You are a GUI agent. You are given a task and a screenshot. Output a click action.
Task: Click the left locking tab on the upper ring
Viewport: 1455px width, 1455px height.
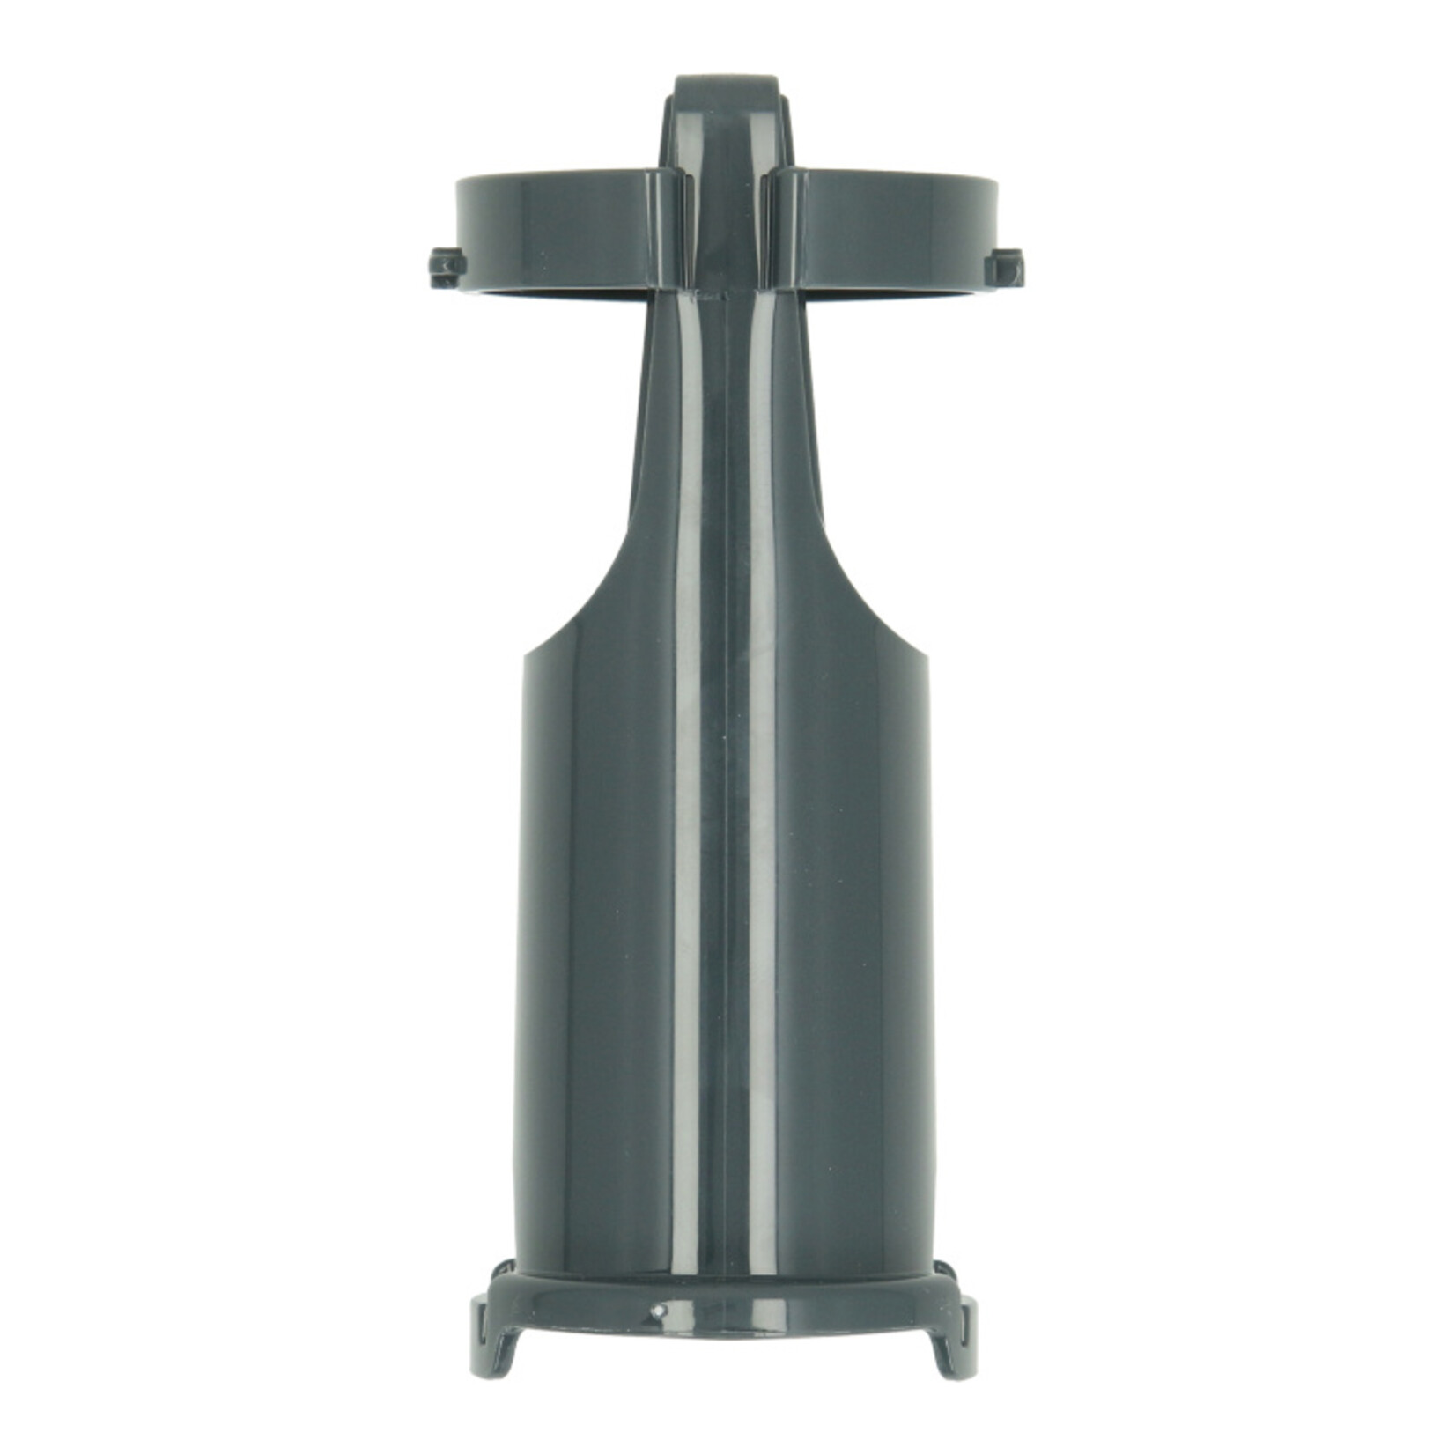(x=445, y=267)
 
